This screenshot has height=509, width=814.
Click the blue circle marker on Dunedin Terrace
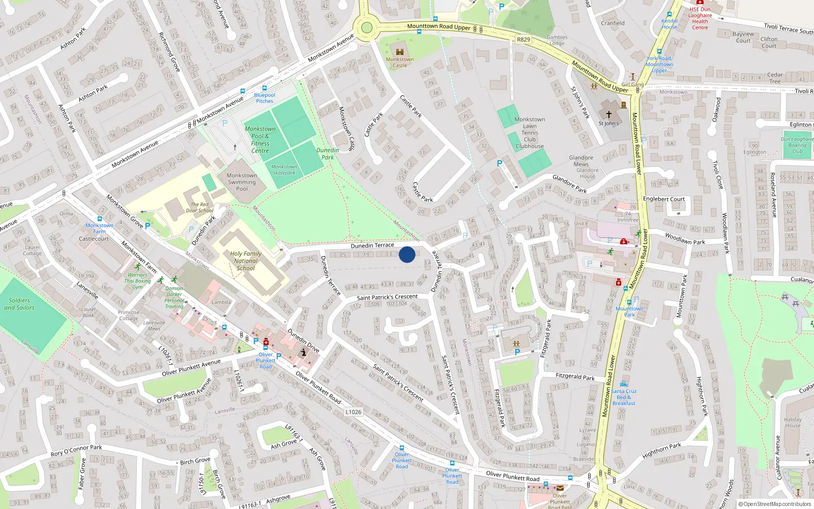[x=407, y=254]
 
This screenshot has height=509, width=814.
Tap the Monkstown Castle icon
[x=399, y=51]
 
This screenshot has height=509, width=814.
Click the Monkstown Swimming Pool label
[x=242, y=182]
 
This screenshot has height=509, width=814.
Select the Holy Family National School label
[x=246, y=261]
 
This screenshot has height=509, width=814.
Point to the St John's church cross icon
[x=608, y=115]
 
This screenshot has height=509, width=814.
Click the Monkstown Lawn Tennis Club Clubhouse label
[x=530, y=133]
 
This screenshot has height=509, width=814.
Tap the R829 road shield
[x=523, y=39]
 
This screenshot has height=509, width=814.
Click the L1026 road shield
[x=353, y=412]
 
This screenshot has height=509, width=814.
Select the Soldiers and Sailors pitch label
[x=19, y=304]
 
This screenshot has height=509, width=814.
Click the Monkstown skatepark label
[x=284, y=169]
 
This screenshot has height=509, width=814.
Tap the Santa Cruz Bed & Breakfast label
[x=624, y=397]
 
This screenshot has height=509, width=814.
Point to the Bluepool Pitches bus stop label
[x=265, y=98]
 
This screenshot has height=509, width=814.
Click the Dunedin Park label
[x=328, y=154]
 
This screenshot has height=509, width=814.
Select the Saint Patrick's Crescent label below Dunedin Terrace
[x=387, y=297]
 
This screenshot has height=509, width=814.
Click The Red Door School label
[x=199, y=207]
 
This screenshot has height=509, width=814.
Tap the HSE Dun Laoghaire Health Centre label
[x=700, y=18]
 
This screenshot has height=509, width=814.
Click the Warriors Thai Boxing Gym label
[x=137, y=281]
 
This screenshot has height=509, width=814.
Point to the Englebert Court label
[x=663, y=199]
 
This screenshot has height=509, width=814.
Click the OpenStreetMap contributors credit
[x=774, y=504]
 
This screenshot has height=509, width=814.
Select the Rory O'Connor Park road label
[x=76, y=450]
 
